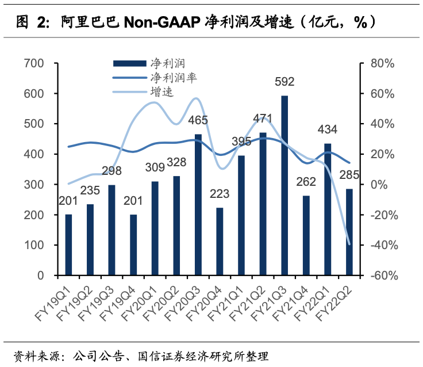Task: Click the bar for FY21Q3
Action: [284, 185]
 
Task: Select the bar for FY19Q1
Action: [69, 245]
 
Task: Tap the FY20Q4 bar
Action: [220, 242]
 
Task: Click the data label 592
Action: [284, 82]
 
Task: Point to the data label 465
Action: [198, 121]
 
